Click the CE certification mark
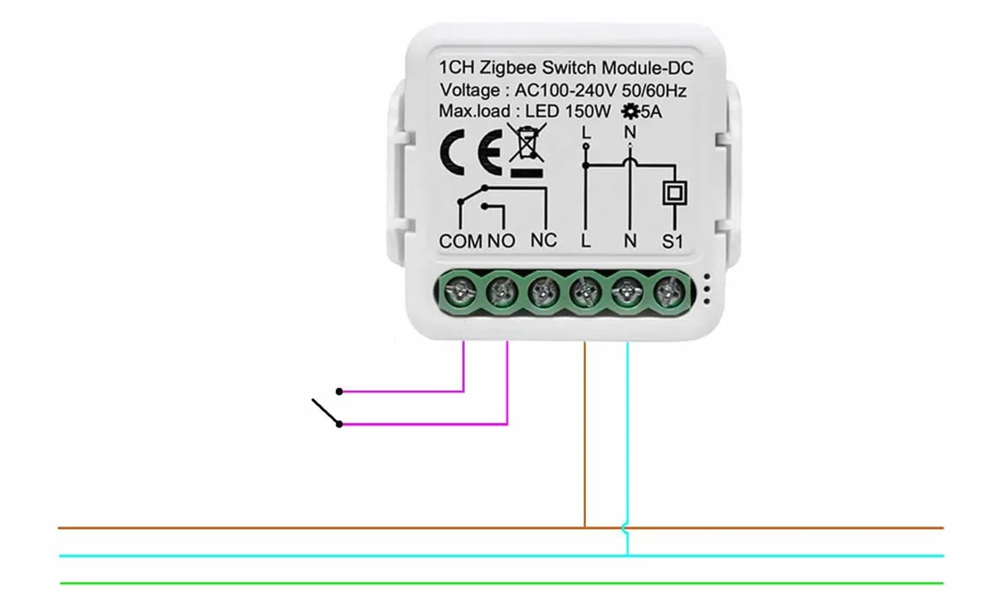[471, 152]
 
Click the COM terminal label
[460, 241]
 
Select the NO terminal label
[501, 241]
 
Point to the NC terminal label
[543, 241]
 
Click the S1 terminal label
[672, 241]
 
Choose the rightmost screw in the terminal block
[669, 292]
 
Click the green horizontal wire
[501, 583]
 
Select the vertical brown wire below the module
[585, 435]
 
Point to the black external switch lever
[325, 411]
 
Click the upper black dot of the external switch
[340, 391]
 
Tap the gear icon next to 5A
[630, 112]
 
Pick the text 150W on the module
[588, 111]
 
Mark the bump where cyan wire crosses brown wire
[625, 527]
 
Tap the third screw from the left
[543, 292]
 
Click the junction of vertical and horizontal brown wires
[585, 527]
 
